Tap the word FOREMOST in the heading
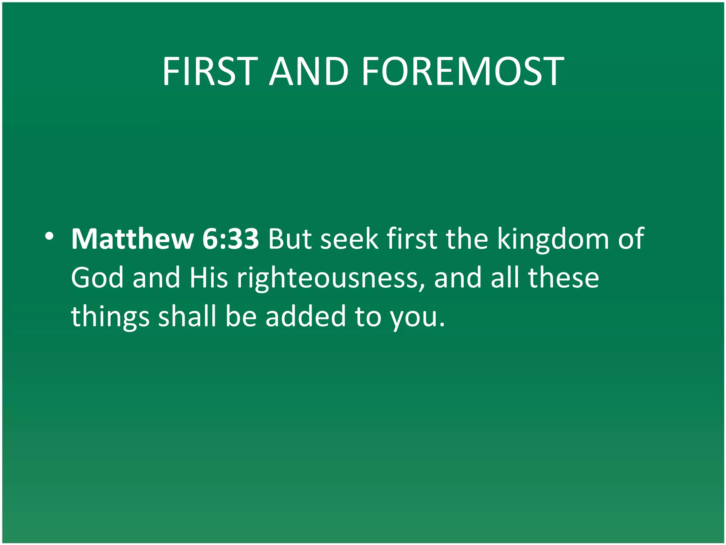(x=462, y=72)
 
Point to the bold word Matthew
(x=132, y=239)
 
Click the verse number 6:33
(x=230, y=239)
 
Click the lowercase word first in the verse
(x=412, y=239)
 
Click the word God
(x=97, y=278)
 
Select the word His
(x=208, y=278)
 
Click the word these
(x=563, y=278)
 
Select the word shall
(x=187, y=316)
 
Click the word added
(x=306, y=316)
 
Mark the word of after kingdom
(x=631, y=239)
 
